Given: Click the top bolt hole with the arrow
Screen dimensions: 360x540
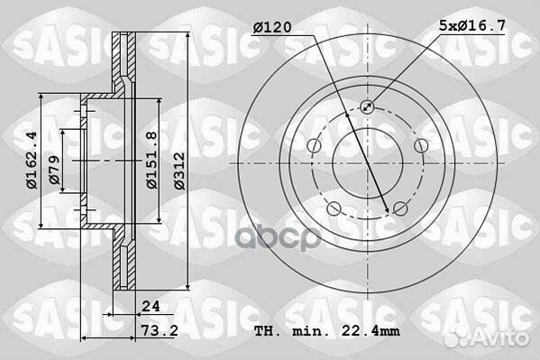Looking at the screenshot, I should tap(366, 107).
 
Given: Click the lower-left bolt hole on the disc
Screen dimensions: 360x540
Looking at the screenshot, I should tap(333, 209).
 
